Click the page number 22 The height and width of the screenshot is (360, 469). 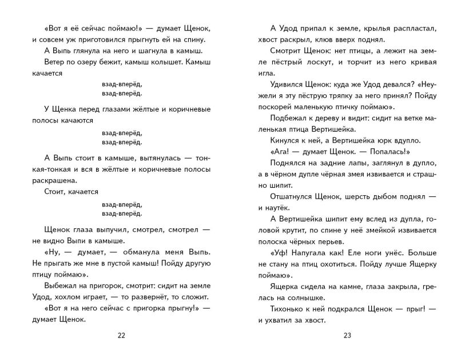120,335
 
